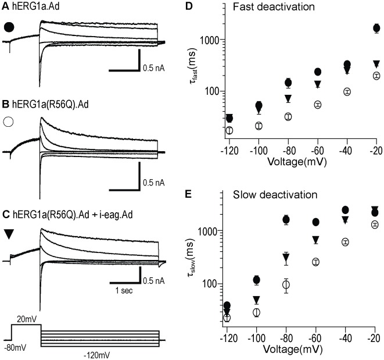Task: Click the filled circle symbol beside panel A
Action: coord(9,27)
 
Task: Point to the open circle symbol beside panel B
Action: coord(9,123)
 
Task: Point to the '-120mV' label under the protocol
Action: coord(98,351)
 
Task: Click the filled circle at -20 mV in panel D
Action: coord(376,28)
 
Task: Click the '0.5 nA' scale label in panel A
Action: coord(155,68)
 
